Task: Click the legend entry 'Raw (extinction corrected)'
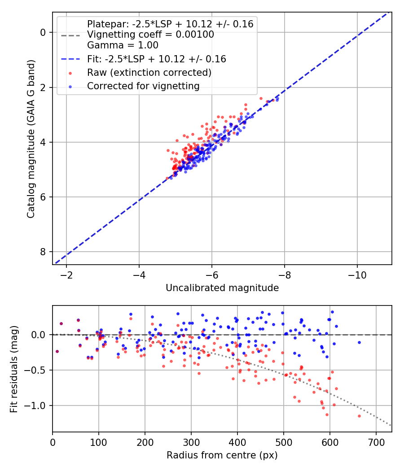(149, 72)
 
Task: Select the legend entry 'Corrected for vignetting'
(143, 86)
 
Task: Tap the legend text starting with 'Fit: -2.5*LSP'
(156, 59)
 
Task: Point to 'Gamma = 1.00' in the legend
(123, 45)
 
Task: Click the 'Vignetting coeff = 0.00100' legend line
(150, 35)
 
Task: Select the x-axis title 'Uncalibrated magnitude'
(222, 288)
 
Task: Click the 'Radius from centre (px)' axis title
(222, 455)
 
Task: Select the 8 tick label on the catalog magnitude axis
(44, 252)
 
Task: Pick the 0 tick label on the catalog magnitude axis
(44, 32)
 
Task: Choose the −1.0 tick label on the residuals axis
(38, 406)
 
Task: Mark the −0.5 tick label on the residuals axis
(38, 370)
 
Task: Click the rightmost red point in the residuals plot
(359, 416)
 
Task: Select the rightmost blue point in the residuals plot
(359, 342)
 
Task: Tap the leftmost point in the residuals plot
(57, 351)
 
